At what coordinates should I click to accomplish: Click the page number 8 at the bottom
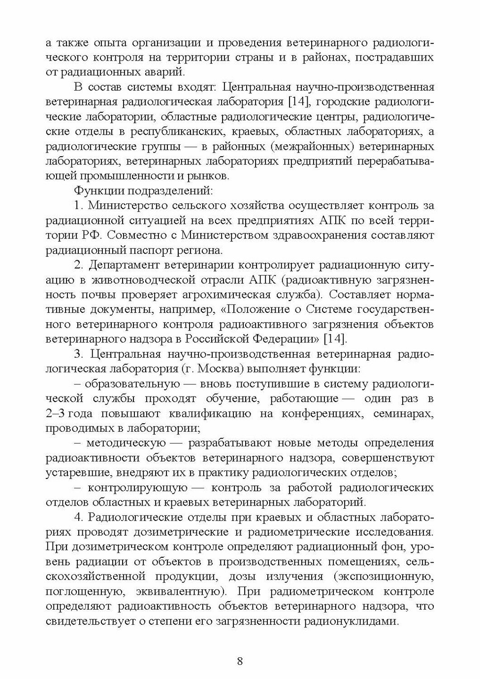click(x=240, y=660)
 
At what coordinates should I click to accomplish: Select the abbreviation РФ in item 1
click(x=91, y=235)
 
